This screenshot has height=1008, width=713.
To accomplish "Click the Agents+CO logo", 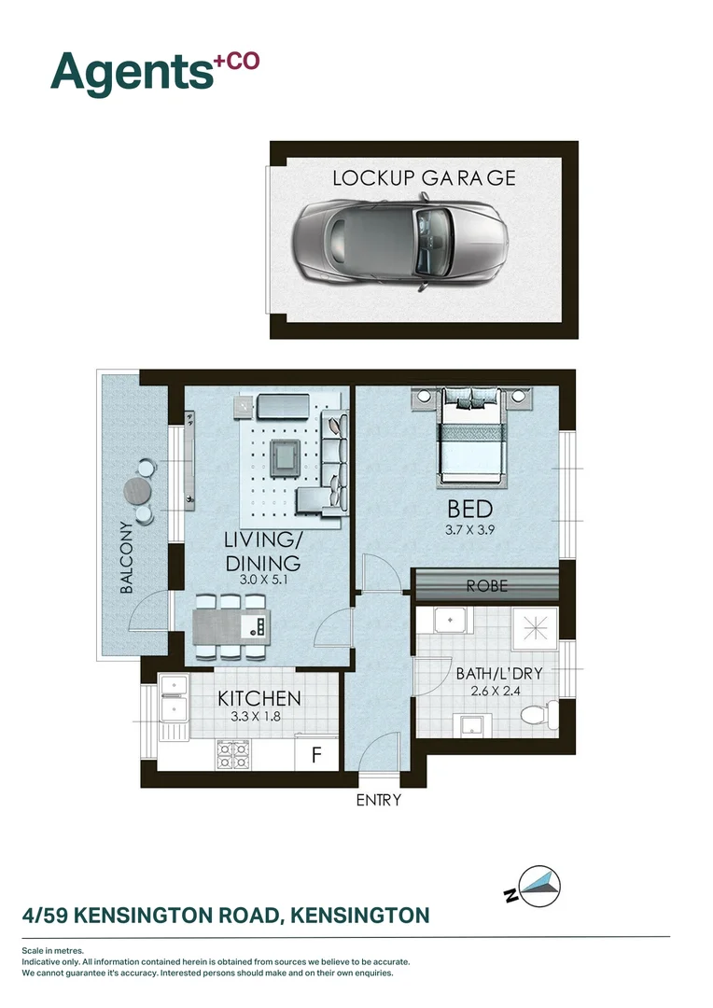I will click(154, 70).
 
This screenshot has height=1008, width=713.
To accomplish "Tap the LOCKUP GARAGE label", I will click(424, 177).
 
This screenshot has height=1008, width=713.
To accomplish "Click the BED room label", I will click(470, 510).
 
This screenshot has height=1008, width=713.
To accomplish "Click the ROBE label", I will click(487, 586).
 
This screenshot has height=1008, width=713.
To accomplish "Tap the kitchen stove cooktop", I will click(233, 754).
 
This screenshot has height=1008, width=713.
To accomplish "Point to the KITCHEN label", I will click(259, 698).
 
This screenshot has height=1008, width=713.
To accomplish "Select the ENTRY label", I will click(378, 800).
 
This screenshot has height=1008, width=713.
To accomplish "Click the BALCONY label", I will click(128, 558).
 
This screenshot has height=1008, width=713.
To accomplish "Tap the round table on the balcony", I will click(138, 489).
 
